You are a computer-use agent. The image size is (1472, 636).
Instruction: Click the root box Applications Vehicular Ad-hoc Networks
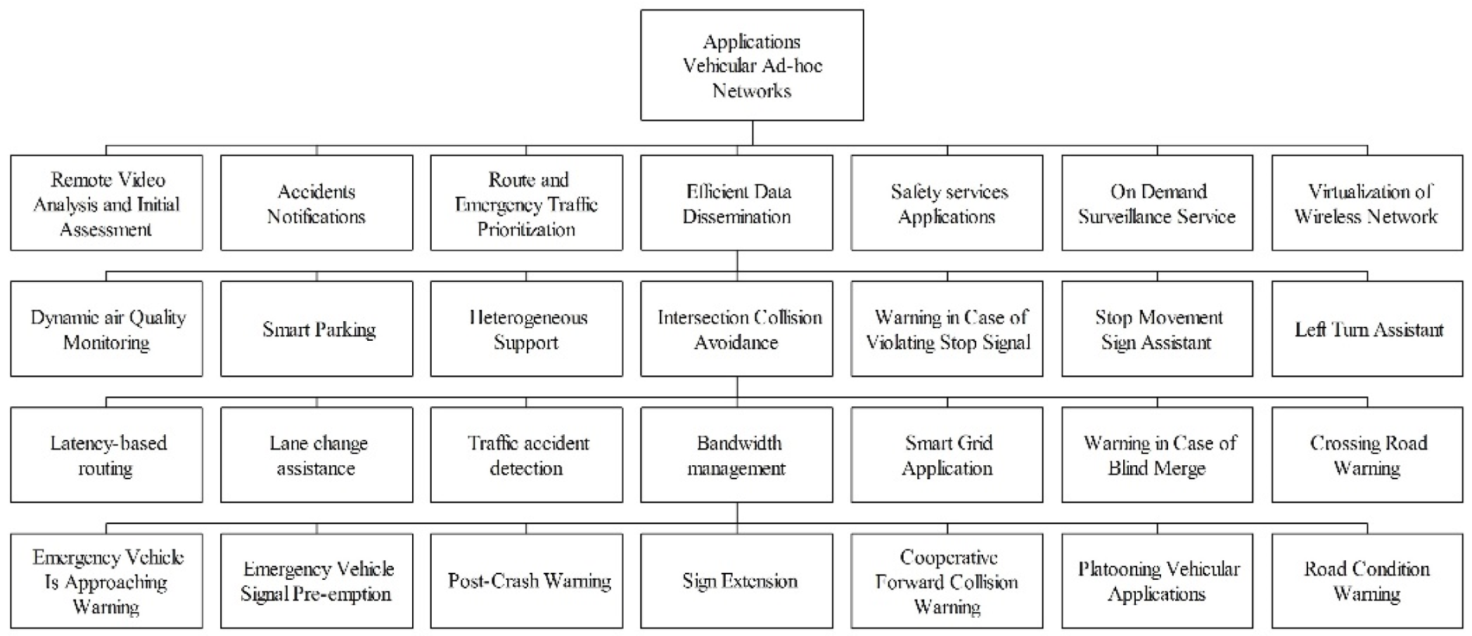(751, 65)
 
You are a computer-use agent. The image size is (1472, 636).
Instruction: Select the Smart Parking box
(316, 329)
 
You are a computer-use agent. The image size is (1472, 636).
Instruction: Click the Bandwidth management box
(736, 455)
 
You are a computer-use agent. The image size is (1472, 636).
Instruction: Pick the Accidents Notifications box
(316, 203)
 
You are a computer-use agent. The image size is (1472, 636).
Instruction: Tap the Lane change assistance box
(316, 455)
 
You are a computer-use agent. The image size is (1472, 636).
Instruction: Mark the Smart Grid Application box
(947, 455)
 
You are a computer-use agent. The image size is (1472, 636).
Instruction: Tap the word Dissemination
(736, 216)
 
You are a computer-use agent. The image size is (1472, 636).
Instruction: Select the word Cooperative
(948, 557)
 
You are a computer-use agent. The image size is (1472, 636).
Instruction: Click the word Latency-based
(108, 443)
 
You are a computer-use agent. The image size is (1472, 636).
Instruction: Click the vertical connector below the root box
(752, 134)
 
